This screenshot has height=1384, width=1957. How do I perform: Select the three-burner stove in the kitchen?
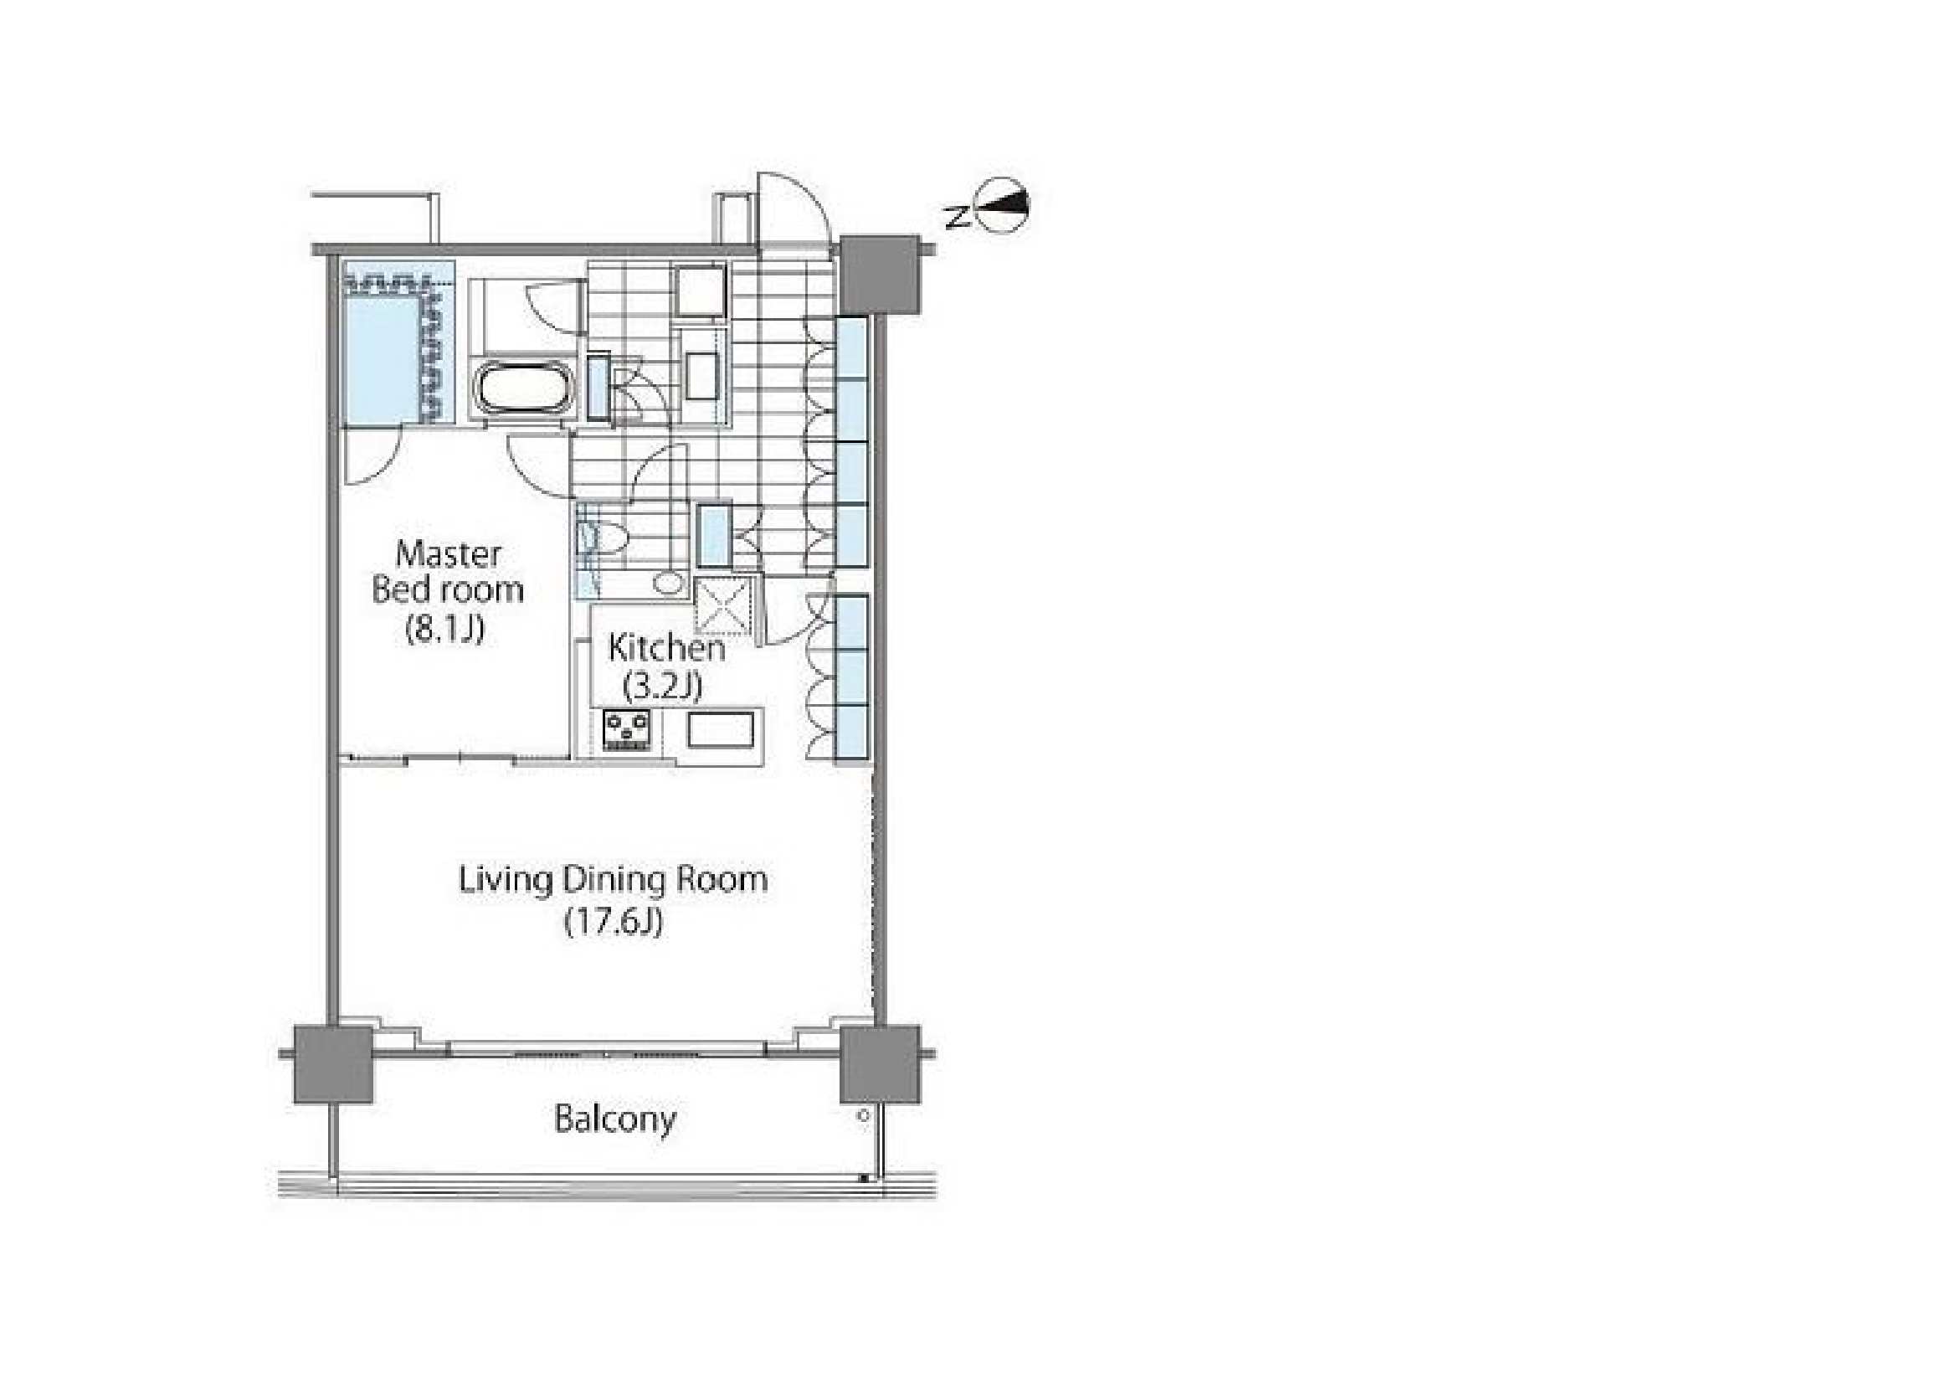coord(627,731)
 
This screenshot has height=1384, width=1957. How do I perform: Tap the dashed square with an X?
coord(724,606)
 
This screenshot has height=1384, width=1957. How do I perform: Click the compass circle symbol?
coord(1004,204)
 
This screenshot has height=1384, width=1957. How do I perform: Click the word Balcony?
coord(614,1119)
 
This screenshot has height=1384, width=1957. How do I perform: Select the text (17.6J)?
coord(614,921)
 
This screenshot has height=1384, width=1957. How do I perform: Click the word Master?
coord(449,554)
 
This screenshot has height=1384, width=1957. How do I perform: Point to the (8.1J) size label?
coord(445,629)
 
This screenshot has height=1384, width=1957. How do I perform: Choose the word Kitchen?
coord(666,648)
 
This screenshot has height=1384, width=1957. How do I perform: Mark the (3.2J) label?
coord(663,685)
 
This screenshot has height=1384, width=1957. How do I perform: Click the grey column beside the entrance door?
coord(880,275)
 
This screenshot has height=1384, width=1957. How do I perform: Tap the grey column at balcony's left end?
coord(333,1064)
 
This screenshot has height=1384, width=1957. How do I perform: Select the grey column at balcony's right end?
coord(880,1064)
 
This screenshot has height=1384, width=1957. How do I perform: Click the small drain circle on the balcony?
coord(863,1114)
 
